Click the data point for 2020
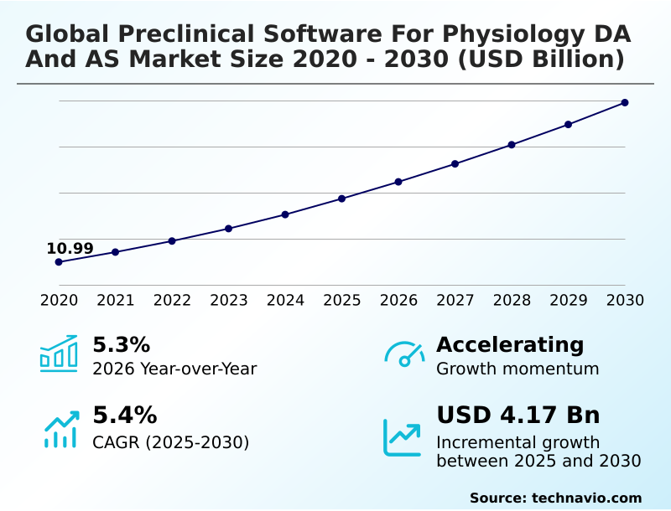pos(59,262)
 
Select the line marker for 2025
pos(341,199)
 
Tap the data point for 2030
pos(625,103)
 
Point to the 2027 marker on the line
pos(455,163)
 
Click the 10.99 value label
pos(70,248)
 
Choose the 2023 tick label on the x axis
pos(229,300)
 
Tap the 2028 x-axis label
pos(512,300)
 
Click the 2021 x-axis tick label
pos(116,300)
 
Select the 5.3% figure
pos(121,344)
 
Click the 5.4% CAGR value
pos(124,415)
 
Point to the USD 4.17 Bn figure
pos(518,415)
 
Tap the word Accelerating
pos(509,344)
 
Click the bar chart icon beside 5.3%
pos(59,354)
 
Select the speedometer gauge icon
pos(404,354)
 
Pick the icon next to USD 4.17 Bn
pos(403,436)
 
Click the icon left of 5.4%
pos(60,428)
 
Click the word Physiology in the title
pos(519,34)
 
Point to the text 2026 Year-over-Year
pos(174,369)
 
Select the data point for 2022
pos(172,241)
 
